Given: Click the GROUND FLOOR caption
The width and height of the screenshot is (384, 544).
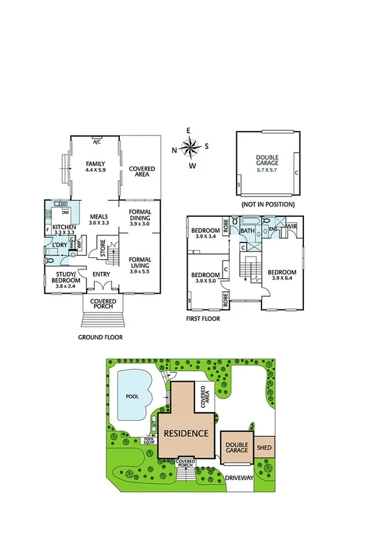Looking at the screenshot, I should [100, 336].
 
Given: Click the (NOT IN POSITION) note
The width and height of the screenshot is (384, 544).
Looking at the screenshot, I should [267, 204].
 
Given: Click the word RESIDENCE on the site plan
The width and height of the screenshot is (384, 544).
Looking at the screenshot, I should [187, 432].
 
